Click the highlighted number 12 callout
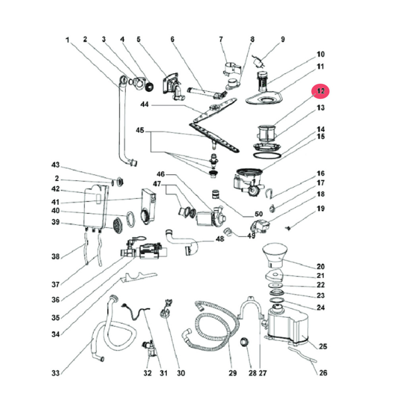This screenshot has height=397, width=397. (x=321, y=91)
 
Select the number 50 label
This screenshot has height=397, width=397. (x=248, y=215)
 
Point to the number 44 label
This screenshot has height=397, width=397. (x=145, y=105)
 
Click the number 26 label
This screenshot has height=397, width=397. (x=323, y=373)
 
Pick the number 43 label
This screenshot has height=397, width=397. (x=56, y=165)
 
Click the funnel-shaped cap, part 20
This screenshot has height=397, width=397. (x=275, y=254)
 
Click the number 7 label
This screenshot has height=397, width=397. (x=221, y=39)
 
